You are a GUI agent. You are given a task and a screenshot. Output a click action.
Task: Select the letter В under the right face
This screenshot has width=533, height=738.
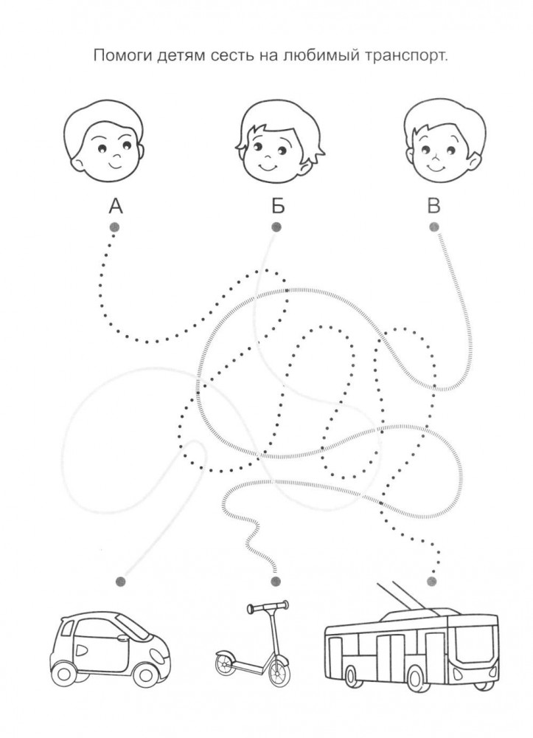pyautogui.click(x=434, y=204)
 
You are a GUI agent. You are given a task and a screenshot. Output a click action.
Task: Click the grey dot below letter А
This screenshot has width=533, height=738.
pyautogui.click(x=114, y=227)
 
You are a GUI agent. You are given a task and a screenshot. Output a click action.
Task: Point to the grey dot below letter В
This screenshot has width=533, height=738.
pyautogui.click(x=434, y=227)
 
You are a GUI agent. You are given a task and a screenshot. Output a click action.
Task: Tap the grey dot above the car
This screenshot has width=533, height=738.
pyautogui.click(x=120, y=581)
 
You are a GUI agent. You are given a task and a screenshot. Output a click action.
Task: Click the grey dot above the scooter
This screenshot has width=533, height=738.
pyautogui.click(x=276, y=581)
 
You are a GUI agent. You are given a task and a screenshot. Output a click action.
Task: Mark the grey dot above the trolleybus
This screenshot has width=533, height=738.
pyautogui.click(x=433, y=581)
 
